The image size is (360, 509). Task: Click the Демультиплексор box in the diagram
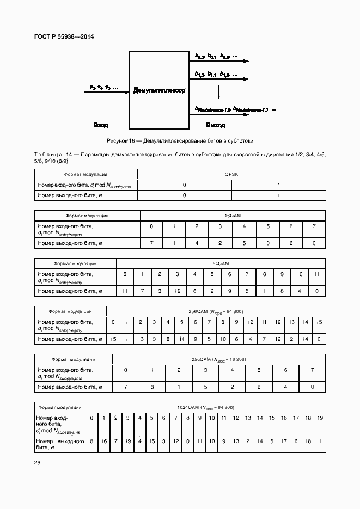159,90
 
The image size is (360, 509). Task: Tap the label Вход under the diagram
101,125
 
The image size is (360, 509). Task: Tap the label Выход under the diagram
215,125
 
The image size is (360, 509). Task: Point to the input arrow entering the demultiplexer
106,92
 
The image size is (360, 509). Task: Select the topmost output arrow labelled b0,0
221,62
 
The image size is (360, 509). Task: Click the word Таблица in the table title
48,155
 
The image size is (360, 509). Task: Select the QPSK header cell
231,174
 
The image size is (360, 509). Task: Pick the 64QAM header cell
221,263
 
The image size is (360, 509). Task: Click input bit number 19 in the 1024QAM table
320,418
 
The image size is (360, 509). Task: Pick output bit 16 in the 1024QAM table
103,441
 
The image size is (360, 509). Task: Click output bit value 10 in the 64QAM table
178,291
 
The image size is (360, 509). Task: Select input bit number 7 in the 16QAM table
314,226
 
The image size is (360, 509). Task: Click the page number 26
38,463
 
